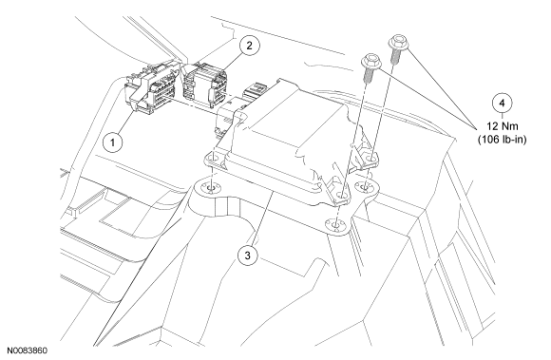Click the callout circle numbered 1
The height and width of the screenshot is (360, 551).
[112, 142]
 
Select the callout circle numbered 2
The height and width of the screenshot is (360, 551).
[249, 46]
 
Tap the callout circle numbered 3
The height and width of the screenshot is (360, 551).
[247, 256]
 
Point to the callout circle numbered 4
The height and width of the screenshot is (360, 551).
[502, 104]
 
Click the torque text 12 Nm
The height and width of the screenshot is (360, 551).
[503, 126]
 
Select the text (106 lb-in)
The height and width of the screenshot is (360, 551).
[503, 140]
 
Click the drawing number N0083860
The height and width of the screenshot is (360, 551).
[27, 351]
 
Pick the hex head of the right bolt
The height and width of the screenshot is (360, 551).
[398, 42]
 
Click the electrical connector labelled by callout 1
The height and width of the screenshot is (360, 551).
[150, 88]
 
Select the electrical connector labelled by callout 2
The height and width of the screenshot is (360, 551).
[205, 85]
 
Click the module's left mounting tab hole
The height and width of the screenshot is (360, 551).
[213, 159]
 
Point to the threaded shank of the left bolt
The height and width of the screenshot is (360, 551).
[369, 76]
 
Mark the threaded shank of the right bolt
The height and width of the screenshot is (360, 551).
[395, 56]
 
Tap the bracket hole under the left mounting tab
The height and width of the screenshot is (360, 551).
[211, 189]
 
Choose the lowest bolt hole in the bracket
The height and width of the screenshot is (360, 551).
[336, 223]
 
